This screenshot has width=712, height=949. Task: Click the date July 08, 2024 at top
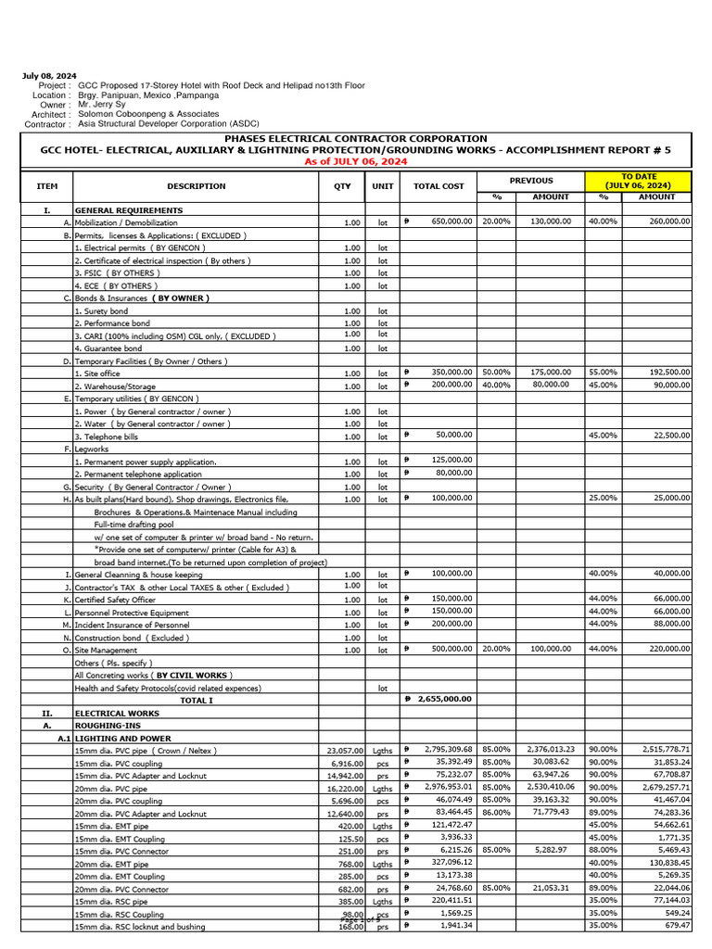coord(49,76)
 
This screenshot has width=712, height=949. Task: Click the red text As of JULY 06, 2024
coord(355,161)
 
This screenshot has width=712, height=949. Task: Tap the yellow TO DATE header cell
coord(638,181)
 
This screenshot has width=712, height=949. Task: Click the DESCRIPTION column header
coord(197,186)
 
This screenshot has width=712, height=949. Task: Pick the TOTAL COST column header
coord(439,186)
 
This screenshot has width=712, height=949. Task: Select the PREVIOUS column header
coord(530,181)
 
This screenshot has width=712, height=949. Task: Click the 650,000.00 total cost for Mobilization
coord(451,222)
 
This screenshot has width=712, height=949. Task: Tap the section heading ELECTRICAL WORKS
coord(117,714)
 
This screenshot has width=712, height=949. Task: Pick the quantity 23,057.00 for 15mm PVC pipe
coord(344,750)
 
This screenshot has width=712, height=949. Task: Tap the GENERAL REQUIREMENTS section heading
coord(129,210)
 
